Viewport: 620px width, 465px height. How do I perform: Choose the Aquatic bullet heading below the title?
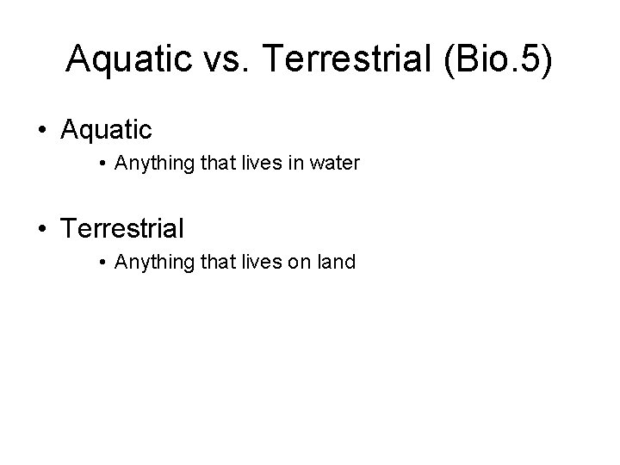(x=106, y=131)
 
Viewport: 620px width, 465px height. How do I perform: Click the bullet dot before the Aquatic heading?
(x=42, y=132)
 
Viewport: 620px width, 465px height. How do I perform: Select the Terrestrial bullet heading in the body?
(x=121, y=229)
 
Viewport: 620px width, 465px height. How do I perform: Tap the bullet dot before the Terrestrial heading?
(x=42, y=230)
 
